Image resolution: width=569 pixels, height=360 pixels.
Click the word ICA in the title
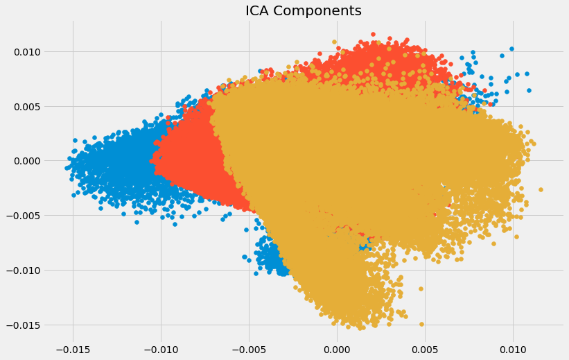coord(261,11)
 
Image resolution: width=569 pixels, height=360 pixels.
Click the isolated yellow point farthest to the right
coord(541,189)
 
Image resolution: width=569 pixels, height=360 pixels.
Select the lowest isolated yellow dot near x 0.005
coord(421,324)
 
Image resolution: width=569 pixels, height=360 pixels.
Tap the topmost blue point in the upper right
coord(511,49)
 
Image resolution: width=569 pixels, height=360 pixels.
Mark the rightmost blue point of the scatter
coord(529,90)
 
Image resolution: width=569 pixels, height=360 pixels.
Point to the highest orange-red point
coord(373,34)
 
